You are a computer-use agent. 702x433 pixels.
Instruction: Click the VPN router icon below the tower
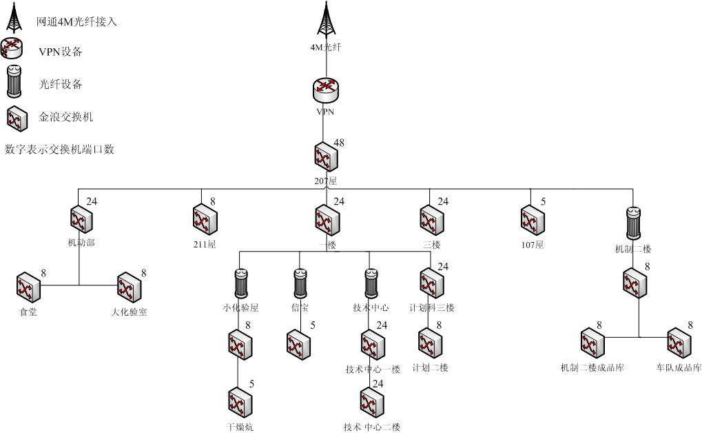point(326,90)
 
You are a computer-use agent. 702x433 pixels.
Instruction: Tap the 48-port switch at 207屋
point(324,157)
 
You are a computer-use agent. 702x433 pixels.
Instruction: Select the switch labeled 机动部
point(81,220)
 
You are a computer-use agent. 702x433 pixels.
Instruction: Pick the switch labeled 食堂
point(28,289)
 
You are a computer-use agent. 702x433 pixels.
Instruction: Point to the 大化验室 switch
point(129,289)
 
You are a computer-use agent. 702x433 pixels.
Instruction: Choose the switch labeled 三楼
point(431,220)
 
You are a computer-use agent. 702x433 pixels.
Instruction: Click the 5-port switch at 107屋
point(532,220)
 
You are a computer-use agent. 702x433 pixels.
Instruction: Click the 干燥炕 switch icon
point(239,404)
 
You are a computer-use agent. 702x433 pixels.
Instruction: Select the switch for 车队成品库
point(678,343)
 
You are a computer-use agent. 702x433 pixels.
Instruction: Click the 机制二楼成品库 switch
point(592,343)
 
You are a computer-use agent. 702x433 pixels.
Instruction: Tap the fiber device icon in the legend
point(14,82)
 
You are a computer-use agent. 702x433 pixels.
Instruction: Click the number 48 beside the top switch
point(338,143)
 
